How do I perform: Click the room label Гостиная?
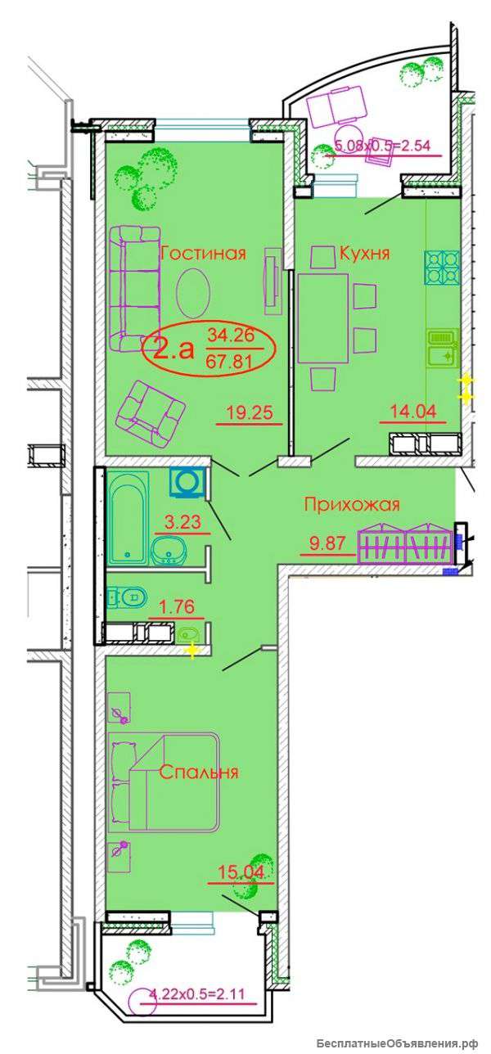tap(203, 254)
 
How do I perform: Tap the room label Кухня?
tap(364, 254)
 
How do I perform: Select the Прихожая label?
tap(352, 505)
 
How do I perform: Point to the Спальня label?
tap(199, 772)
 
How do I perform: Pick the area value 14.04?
tap(413, 412)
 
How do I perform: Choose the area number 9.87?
tap(328, 543)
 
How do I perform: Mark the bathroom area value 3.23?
tap(182, 521)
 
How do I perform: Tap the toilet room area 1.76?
tap(177, 607)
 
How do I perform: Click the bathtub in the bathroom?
tap(128, 517)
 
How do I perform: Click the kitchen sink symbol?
tap(442, 348)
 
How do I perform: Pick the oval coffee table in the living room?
tap(192, 294)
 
